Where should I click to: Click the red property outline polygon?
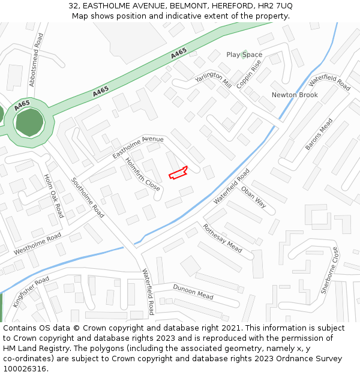178,173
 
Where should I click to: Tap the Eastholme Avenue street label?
137,147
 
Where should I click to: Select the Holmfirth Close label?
143,175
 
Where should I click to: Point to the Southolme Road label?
88,197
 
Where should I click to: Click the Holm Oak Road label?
54,196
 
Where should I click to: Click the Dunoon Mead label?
193,292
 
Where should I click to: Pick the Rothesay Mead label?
222,238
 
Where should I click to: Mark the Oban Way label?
253,197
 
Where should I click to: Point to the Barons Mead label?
319,134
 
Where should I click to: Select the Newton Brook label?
295,95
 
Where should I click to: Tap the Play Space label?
244,55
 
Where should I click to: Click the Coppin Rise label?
248,74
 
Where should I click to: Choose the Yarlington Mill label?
214,79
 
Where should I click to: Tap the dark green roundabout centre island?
28,122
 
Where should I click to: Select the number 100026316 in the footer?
25,368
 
